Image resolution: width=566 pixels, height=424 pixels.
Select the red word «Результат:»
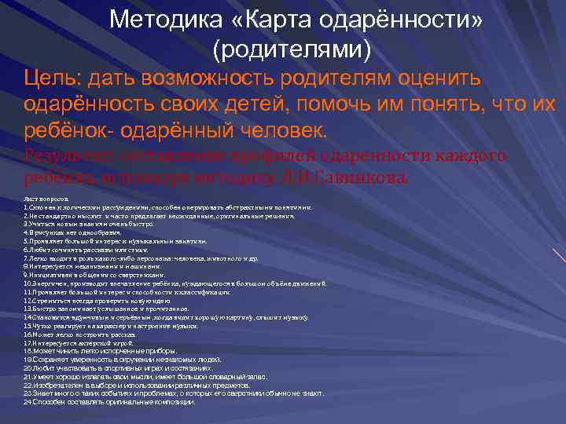point(69,155)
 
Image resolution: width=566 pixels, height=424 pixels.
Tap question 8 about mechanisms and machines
point(86,266)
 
